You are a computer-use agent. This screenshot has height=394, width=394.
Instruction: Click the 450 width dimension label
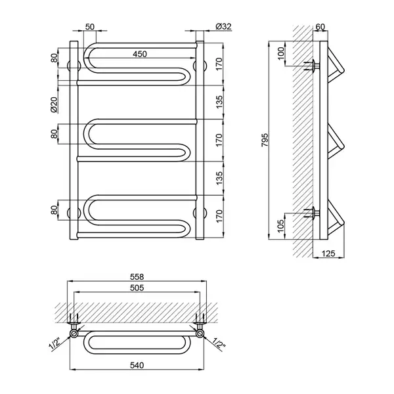coord(140,54)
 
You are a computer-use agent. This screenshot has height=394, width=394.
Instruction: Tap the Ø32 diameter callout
coord(223,26)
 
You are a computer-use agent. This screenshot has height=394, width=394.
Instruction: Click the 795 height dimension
coord(265,141)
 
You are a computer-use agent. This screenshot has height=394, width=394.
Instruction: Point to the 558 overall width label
coord(137,276)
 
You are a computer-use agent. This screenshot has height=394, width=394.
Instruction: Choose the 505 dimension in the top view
coord(137,288)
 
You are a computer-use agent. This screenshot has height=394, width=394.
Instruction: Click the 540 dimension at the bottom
coord(137,365)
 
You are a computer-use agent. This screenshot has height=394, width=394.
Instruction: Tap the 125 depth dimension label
coord(328,253)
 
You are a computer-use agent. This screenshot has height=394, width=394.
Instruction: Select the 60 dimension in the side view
coord(320,27)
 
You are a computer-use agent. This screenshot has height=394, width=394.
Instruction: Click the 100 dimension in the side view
coord(281,53)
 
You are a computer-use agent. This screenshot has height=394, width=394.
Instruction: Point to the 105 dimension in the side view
coord(281,225)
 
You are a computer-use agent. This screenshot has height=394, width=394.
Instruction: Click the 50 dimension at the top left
coord(90,27)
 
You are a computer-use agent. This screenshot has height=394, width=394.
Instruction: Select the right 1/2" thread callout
coord(219,344)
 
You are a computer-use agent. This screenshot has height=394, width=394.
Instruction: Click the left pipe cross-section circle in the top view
coord(74,334)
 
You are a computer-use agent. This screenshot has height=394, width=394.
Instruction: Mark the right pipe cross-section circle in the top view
coord(200,334)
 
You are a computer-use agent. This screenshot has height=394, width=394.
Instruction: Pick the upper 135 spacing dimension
coord(219,102)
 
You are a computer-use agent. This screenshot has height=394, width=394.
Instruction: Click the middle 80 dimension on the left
coord(54,134)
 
